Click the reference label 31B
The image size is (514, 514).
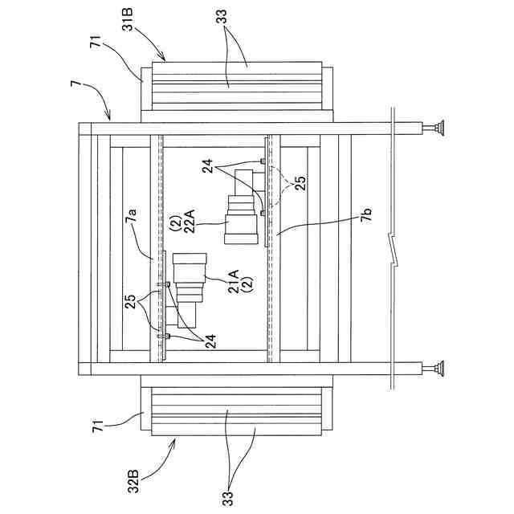[128, 19]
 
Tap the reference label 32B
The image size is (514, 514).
[133, 482]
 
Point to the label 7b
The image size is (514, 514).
[366, 215]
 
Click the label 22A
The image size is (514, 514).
[190, 222]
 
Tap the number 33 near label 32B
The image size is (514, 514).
[229, 499]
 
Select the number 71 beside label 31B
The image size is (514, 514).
[96, 42]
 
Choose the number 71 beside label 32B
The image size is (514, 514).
[98, 426]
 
